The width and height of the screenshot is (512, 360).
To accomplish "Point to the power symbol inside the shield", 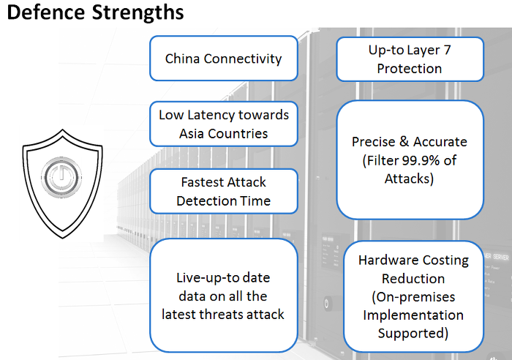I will coord(59,177).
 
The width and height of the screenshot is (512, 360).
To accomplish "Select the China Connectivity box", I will coord(223,59).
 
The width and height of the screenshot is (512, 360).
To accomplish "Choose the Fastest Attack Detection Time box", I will coord(223,191).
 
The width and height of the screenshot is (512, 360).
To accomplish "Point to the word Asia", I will coord(192,133).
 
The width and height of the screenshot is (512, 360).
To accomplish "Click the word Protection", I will coord(409,68).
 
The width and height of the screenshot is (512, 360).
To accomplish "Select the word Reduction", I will coord(412,279).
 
